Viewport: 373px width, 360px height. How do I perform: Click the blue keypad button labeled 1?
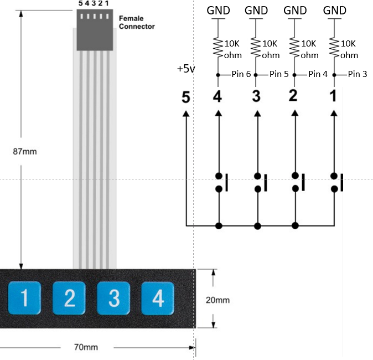24,299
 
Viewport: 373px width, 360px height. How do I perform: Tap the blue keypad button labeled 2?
69,299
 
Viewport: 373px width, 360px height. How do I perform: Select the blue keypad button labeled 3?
113,299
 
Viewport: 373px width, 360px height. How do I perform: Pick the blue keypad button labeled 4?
158,299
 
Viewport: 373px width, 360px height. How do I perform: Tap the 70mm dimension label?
85,347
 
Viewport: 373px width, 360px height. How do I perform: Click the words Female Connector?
137,22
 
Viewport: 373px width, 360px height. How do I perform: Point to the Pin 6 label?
241,74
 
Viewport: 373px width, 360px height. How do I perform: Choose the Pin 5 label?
279,74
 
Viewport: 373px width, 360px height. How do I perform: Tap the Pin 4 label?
318,74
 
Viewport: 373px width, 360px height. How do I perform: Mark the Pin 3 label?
356,74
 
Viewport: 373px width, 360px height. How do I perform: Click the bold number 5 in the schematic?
186,96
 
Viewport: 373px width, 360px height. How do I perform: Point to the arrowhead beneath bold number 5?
186,113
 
